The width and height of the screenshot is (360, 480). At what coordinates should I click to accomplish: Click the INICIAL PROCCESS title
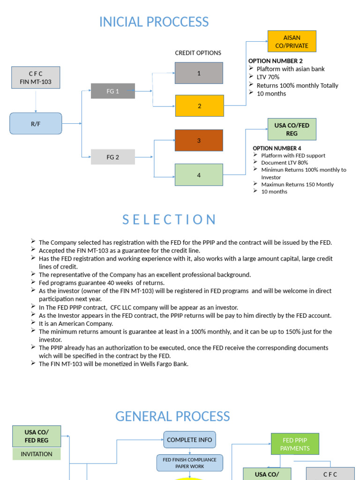tap(154, 22)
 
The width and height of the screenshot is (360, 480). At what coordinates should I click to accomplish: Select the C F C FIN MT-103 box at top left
tap(36, 78)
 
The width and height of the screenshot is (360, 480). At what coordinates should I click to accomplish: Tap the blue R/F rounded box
tap(36, 124)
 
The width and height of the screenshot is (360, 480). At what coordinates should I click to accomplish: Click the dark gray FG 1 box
tap(112, 91)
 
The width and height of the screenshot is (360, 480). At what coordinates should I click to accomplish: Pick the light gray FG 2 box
tap(112, 157)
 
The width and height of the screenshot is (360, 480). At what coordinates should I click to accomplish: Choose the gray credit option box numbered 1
tap(199, 73)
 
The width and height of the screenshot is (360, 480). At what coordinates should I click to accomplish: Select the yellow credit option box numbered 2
tap(199, 106)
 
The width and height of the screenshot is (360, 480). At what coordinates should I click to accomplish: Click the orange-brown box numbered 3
tap(199, 140)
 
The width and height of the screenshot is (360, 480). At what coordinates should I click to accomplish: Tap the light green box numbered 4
tap(199, 175)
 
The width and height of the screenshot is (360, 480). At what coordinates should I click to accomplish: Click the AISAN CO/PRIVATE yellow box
tap(292, 41)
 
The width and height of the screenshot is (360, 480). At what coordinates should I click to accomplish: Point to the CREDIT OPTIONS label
tap(198, 53)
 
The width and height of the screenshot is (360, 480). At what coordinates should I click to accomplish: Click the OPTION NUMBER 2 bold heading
tap(275, 61)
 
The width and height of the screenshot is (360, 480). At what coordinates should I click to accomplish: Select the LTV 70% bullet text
tap(268, 77)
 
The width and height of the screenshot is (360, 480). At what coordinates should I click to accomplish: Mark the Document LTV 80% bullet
tap(285, 163)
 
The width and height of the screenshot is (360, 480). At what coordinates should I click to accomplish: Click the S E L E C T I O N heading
tap(169, 220)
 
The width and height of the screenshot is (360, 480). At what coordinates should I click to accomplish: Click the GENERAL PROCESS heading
tap(172, 416)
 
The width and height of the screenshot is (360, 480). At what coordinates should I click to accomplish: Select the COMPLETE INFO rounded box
tap(189, 440)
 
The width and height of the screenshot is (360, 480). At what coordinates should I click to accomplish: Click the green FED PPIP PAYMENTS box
tap(295, 444)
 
